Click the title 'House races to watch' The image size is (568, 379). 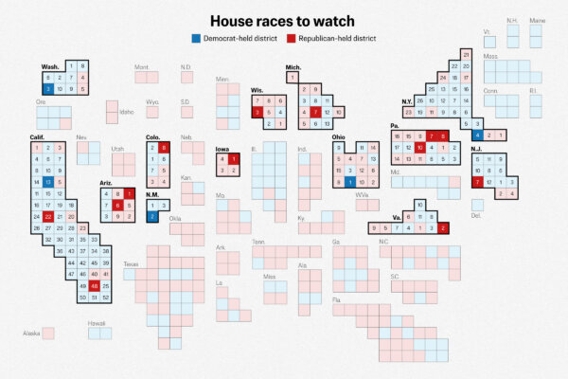point(284,20)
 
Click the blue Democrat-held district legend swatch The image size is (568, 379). point(195,38)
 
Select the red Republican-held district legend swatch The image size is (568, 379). point(290,38)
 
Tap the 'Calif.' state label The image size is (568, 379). point(38,137)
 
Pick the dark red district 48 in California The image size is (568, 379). point(95,285)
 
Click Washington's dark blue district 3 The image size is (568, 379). point(46,89)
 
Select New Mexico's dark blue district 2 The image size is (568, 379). point(153,216)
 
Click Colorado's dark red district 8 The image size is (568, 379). point(165,148)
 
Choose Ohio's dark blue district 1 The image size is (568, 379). point(350,181)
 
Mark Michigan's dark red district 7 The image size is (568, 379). point(315,112)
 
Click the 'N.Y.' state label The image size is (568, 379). point(406,101)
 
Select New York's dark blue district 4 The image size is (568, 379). point(477,135)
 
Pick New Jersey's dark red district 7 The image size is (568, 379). point(477,182)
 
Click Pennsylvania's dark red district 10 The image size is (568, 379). point(419,148)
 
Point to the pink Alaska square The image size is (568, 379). point(48,333)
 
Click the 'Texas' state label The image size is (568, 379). point(130,263)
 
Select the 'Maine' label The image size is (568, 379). point(537,20)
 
